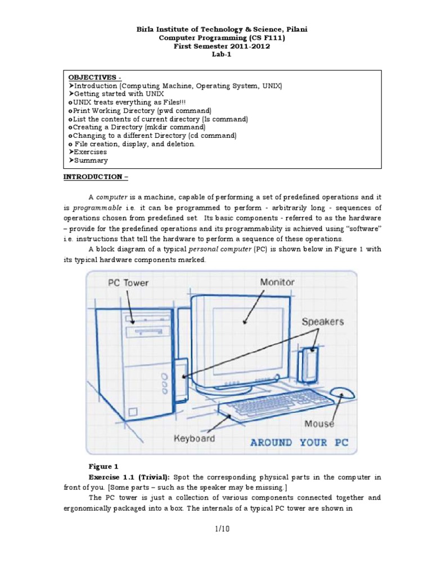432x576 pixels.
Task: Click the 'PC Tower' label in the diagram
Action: [128, 282]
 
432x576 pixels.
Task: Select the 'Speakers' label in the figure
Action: [322, 322]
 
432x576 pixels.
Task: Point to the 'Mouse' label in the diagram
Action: [319, 423]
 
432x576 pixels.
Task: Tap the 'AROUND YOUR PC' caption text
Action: [299, 442]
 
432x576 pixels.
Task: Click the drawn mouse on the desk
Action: [342, 393]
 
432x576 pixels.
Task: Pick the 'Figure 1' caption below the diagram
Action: [103, 466]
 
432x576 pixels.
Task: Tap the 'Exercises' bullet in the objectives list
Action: [90, 152]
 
